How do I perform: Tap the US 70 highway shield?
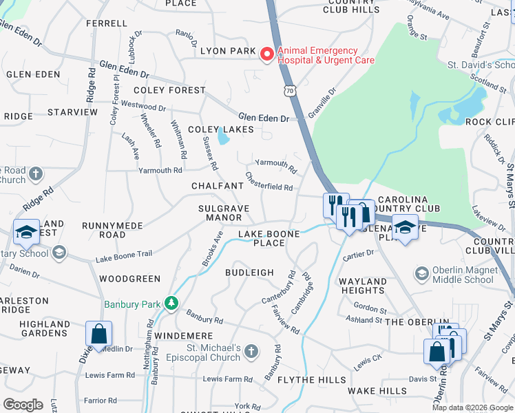click(x=291, y=90)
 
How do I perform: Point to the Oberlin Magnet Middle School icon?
click(x=421, y=274)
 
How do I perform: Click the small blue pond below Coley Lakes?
click(x=223, y=138)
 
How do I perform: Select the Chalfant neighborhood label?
click(x=218, y=186)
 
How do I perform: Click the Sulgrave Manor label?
click(x=224, y=212)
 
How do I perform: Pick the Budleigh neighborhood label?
click(x=249, y=273)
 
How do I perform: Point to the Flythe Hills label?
click(x=312, y=380)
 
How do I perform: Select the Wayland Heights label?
click(x=363, y=286)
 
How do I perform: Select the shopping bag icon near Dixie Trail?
click(x=98, y=335)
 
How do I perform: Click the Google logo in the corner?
click(x=23, y=404)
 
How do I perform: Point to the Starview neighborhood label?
click(x=73, y=112)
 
